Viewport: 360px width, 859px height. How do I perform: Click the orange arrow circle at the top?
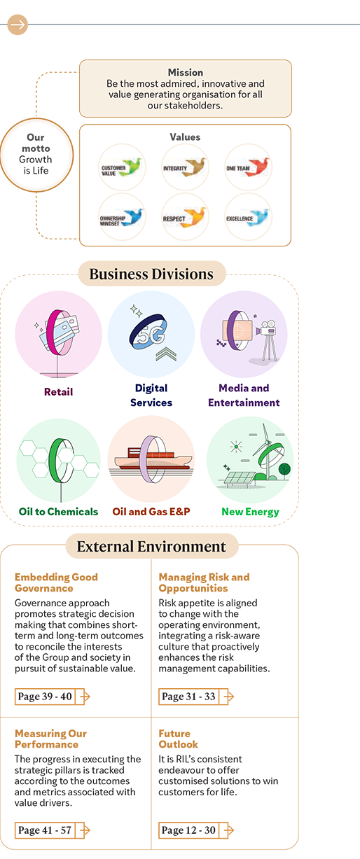pos(18,25)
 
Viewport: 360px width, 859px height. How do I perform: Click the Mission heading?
pos(186,72)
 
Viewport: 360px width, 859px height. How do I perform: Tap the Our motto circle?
pos(36,155)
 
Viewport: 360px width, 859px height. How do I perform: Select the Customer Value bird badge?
pos(122,167)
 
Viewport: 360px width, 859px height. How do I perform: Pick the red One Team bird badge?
pos(248,167)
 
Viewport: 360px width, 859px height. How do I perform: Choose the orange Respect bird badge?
pos(185,216)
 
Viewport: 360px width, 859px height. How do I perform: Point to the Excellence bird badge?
pos(248,216)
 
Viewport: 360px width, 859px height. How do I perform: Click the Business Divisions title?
pos(151,274)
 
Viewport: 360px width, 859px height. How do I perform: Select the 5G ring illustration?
pos(148,332)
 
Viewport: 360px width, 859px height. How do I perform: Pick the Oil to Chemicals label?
pos(58,512)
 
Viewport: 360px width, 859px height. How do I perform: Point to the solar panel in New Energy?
pos(236,479)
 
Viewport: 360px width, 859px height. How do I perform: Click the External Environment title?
pos(151,547)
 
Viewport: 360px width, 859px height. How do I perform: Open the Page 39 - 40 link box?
pos(45,697)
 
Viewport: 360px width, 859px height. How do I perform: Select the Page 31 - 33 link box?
pos(189,697)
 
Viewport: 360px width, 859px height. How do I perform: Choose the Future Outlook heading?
pos(178,739)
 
